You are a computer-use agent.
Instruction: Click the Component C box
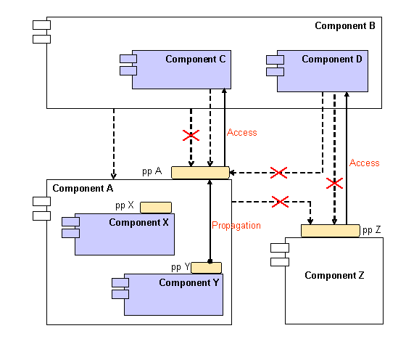181,70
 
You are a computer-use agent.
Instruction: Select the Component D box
322,71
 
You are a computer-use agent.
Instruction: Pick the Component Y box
173,295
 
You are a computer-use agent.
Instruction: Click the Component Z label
333,276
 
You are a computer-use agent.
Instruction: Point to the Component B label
344,26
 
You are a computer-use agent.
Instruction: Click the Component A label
83,189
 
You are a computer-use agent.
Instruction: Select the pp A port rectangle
200,173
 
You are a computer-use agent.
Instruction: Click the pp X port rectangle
156,207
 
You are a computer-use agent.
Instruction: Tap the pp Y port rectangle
206,268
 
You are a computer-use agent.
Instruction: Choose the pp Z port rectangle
330,231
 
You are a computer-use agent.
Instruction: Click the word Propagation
236,226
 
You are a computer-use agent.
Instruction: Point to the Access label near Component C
242,133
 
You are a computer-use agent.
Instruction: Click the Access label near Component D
365,163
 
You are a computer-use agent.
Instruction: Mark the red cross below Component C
191,135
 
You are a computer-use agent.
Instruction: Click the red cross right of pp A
278,173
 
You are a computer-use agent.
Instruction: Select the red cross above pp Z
334,183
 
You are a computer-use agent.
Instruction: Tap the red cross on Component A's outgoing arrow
280,201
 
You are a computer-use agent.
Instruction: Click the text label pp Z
372,231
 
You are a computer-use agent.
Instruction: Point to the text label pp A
152,172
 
